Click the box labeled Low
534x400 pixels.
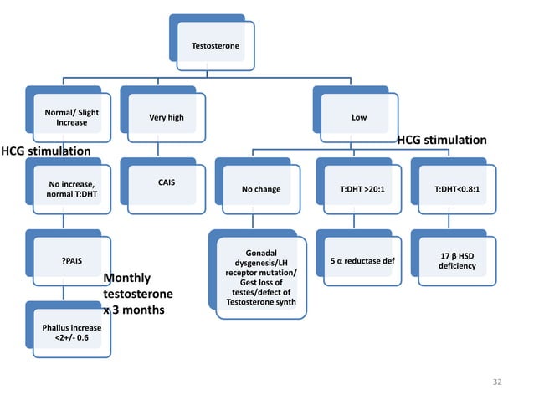tap(358, 117)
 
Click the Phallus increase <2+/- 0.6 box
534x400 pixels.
tap(70, 332)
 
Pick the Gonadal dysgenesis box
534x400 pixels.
tap(261, 278)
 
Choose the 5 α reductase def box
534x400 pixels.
tap(357, 260)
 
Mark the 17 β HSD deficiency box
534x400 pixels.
tap(452, 260)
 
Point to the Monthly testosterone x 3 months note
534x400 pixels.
tap(137, 294)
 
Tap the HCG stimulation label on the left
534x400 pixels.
tap(46, 151)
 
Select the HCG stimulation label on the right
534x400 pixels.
tap(441, 140)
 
